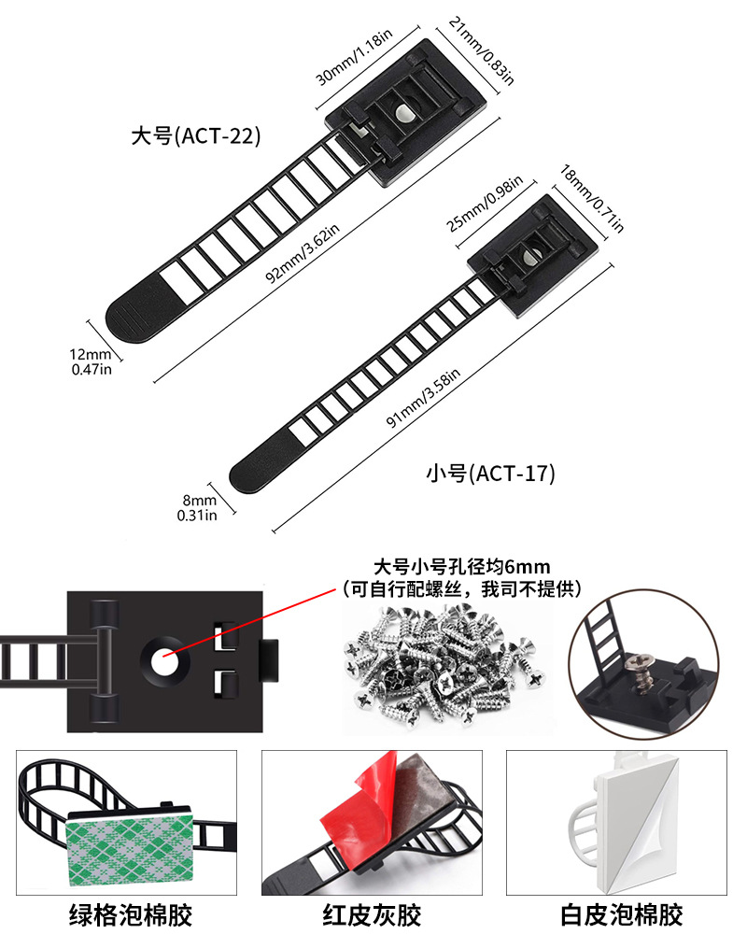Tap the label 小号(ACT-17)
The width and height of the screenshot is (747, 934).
pos(490,474)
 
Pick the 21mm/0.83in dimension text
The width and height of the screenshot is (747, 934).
pos(481,50)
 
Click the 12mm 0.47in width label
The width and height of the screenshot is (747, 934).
pos(91,362)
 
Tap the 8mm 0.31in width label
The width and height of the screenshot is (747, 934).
pos(197,508)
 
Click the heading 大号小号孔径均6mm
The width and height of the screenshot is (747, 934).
pos(461,566)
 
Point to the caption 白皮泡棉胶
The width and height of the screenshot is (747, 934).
pos(622,913)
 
